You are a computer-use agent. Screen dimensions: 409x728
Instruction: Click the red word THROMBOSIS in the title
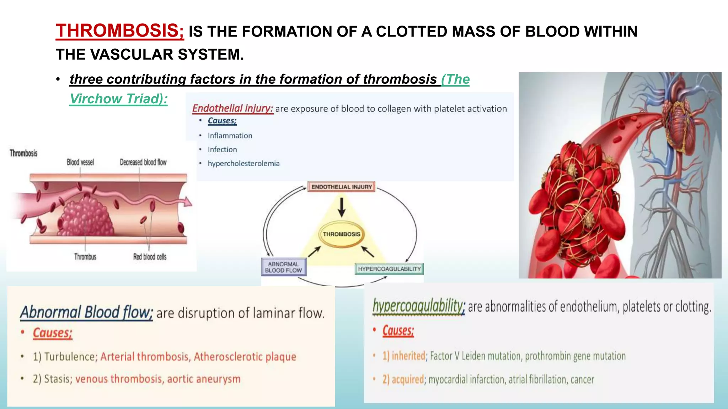(119, 31)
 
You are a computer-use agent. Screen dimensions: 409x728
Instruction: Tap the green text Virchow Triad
(118, 99)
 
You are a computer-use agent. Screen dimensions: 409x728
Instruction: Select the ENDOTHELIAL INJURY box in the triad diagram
(341, 187)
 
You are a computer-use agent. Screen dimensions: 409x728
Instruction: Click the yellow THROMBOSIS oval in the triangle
(341, 234)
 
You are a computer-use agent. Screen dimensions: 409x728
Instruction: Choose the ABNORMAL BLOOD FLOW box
(283, 267)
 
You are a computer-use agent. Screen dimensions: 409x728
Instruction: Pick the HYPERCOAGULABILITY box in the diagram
(389, 269)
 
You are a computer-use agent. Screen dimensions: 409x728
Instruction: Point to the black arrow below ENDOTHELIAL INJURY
(342, 207)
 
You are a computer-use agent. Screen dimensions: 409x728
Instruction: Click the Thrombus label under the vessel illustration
(85, 257)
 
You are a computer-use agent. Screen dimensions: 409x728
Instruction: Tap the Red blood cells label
(150, 257)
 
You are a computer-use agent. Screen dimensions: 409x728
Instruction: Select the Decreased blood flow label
(143, 162)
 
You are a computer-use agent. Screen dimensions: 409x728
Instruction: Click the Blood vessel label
(80, 162)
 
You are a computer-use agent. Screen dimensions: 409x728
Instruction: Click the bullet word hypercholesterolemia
(243, 163)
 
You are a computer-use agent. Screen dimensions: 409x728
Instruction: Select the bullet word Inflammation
(230, 136)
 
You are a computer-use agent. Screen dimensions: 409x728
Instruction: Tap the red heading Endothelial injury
(232, 108)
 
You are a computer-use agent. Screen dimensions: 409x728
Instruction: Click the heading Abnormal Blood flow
(86, 312)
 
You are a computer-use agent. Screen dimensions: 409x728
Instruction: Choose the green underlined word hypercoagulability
(418, 306)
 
